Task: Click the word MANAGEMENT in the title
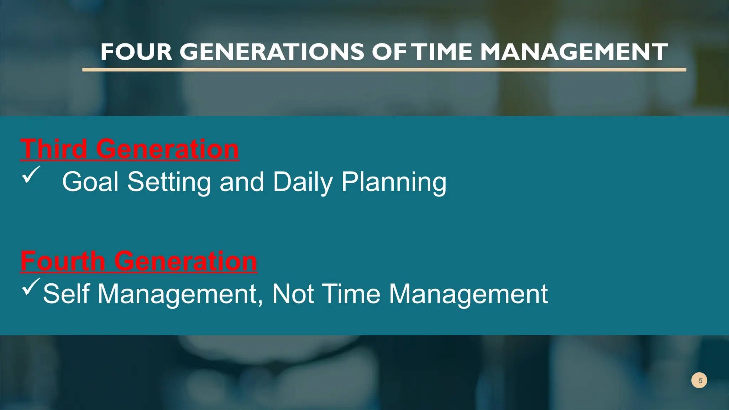pos(574,52)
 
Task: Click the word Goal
pos(90,182)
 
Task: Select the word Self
pos(66,294)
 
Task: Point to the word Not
pos(293,294)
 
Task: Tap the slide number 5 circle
pos(699,380)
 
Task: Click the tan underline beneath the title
pos(384,70)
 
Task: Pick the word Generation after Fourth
pos(185,261)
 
